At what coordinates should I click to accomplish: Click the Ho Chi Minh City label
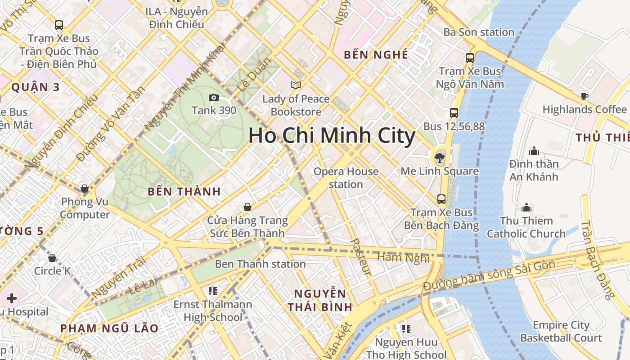tap(332, 135)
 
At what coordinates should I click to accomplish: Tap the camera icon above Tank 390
tap(214, 97)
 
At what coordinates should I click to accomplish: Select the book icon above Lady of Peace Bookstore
tap(296, 85)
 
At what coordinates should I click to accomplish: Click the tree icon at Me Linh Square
tap(439, 157)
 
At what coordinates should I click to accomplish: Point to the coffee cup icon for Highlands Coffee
tap(584, 96)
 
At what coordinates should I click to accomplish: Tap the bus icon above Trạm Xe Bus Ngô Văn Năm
tap(470, 58)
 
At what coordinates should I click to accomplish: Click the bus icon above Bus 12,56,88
tap(454, 113)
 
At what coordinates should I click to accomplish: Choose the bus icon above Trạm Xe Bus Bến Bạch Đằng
tap(441, 199)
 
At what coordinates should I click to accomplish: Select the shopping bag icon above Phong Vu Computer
tap(84, 188)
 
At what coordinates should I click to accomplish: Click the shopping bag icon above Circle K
tap(52, 258)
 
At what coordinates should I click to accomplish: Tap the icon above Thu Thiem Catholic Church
tap(526, 207)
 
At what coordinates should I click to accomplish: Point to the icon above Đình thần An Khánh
tap(534, 150)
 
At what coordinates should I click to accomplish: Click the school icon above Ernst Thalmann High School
tap(213, 291)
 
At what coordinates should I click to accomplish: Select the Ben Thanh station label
tap(260, 264)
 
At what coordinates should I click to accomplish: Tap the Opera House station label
tap(346, 178)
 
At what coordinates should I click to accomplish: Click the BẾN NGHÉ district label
tap(376, 55)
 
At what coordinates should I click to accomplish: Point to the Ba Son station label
tap(479, 32)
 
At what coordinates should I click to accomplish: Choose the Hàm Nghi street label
tap(403, 257)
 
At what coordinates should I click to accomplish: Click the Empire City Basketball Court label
tap(561, 331)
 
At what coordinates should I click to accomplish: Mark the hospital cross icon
tap(12, 298)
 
